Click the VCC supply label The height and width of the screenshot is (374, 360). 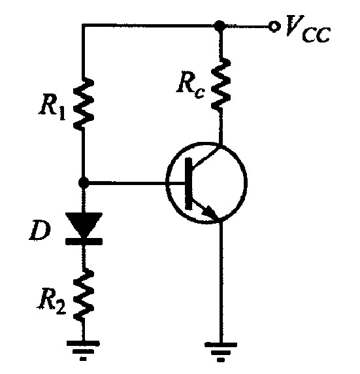point(308,29)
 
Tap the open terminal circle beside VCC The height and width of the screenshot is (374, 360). point(274,26)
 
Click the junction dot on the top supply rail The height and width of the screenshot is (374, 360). point(220,25)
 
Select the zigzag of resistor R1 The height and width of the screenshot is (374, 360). point(84,104)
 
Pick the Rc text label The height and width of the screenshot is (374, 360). point(191,86)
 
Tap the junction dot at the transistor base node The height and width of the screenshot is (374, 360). point(84,183)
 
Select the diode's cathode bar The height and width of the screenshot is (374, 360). point(84,241)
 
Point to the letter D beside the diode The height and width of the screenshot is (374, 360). point(41,230)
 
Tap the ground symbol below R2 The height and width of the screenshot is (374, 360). point(83,350)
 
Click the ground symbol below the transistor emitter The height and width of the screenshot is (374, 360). point(221,352)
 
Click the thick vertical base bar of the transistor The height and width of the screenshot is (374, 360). point(189,184)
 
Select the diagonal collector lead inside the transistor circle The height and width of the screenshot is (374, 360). point(206,157)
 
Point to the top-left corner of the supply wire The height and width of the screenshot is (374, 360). point(83,25)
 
